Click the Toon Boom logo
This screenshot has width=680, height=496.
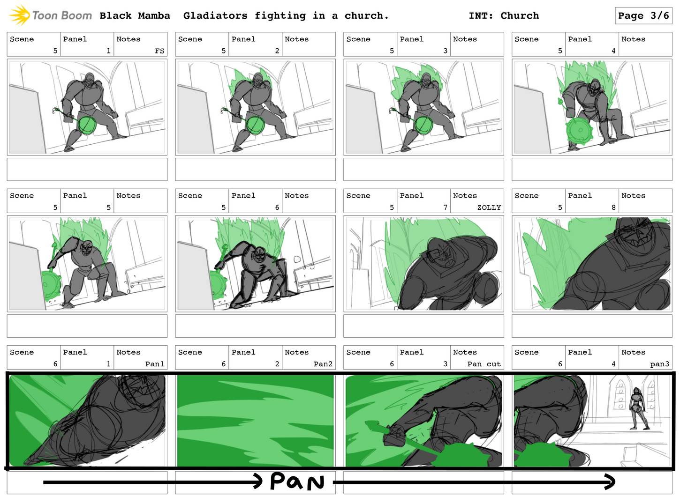pyautogui.click(x=51, y=15)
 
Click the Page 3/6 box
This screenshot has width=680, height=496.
pyautogui.click(x=643, y=15)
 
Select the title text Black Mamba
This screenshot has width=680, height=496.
pyautogui.click(x=135, y=15)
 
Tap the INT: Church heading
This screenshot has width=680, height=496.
pyautogui.click(x=504, y=15)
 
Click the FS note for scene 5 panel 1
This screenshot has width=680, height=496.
pyautogui.click(x=159, y=51)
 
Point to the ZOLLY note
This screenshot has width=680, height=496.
pyautogui.click(x=489, y=207)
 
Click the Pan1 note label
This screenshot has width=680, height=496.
pyautogui.click(x=154, y=364)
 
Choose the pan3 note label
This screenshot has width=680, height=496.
pyautogui.click(x=659, y=364)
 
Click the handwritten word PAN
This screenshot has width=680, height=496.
pyautogui.click(x=297, y=481)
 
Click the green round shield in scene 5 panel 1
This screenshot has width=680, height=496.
pyautogui.click(x=87, y=126)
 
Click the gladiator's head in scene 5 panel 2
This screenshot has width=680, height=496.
pyautogui.click(x=257, y=79)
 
